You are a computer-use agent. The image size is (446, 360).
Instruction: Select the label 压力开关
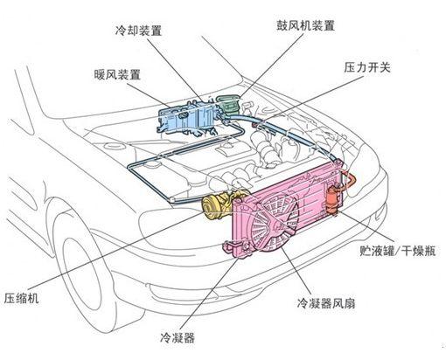pyautogui.click(x=366, y=66)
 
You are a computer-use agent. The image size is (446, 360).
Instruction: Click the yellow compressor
pyautogui.click(x=214, y=209)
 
